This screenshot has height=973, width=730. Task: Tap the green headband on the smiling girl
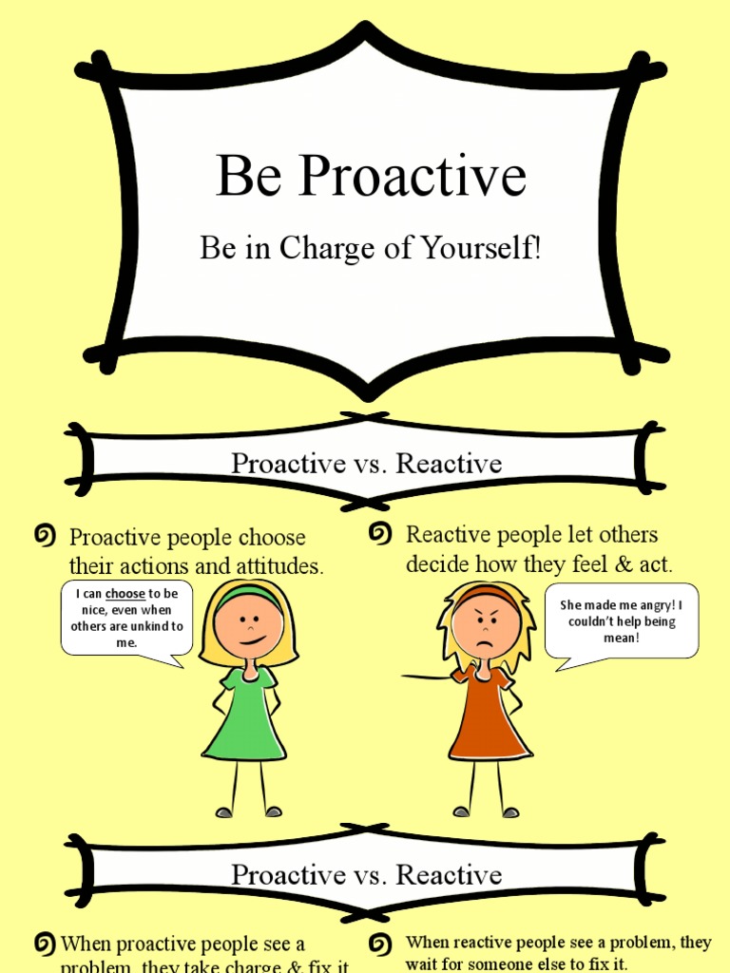tap(249, 598)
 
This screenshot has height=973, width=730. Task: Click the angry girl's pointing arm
tap(428, 677)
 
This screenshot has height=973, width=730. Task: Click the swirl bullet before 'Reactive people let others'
tap(380, 535)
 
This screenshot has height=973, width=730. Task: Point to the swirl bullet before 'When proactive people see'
tap(44, 944)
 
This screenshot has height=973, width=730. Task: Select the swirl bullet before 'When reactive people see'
tap(380, 944)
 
